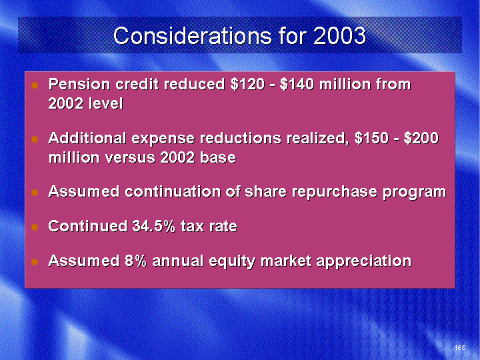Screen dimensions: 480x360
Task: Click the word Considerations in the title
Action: [192, 35]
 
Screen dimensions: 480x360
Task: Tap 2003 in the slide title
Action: [339, 35]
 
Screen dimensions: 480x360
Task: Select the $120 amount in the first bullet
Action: [247, 84]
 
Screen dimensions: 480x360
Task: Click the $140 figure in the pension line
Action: [297, 84]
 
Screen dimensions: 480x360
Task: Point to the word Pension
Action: [79, 84]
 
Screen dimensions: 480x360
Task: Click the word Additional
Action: [87, 139]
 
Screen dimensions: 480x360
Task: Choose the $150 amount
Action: [371, 139]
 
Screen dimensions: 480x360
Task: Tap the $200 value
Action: [421, 139]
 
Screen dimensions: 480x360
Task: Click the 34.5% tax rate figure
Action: [154, 226]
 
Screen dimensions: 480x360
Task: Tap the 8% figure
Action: [135, 261]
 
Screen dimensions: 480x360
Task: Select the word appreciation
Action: [364, 262]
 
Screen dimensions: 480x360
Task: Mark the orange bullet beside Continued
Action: [35, 227]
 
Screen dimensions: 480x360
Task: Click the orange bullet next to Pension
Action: [35, 85]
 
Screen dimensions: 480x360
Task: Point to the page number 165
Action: [460, 347]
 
